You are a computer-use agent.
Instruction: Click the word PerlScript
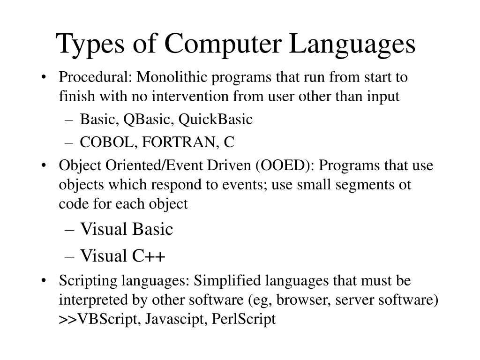(x=244, y=319)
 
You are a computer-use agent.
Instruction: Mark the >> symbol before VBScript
(x=68, y=320)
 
